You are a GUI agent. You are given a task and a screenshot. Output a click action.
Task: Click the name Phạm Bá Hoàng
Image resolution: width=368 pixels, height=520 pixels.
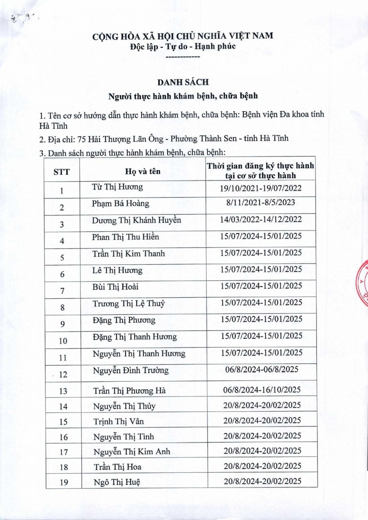120,204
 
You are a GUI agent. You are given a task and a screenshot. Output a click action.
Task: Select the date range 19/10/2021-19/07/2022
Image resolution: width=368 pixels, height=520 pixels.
261,188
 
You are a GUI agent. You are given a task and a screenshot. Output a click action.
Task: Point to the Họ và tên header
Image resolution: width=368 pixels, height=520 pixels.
142,171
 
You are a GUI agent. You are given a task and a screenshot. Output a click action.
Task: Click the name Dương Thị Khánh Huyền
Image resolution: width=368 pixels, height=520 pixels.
136,220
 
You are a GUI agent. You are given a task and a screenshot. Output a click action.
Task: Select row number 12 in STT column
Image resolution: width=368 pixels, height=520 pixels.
63,374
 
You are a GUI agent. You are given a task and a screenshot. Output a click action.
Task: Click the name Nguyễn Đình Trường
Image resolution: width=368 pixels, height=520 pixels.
131,370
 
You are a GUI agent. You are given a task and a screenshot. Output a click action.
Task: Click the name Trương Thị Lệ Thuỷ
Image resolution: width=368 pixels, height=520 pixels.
129,304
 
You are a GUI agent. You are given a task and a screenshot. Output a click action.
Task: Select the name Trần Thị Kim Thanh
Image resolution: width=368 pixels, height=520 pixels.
129,253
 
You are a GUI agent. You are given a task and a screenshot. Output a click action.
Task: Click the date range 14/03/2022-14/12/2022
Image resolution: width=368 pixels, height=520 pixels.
261,220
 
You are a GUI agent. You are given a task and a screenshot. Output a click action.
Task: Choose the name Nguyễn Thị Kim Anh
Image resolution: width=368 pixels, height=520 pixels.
132,452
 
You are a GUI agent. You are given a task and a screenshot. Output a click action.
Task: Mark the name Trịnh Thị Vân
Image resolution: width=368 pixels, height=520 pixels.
119,421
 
